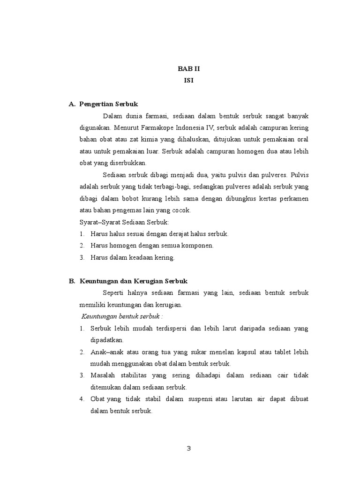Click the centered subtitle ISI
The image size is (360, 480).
(189, 81)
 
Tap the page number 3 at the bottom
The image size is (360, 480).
(188, 448)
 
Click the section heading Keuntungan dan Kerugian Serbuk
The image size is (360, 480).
(134, 281)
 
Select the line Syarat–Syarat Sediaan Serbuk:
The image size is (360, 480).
(124, 222)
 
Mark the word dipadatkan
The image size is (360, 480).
(107, 340)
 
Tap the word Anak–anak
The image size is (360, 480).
(105, 352)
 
